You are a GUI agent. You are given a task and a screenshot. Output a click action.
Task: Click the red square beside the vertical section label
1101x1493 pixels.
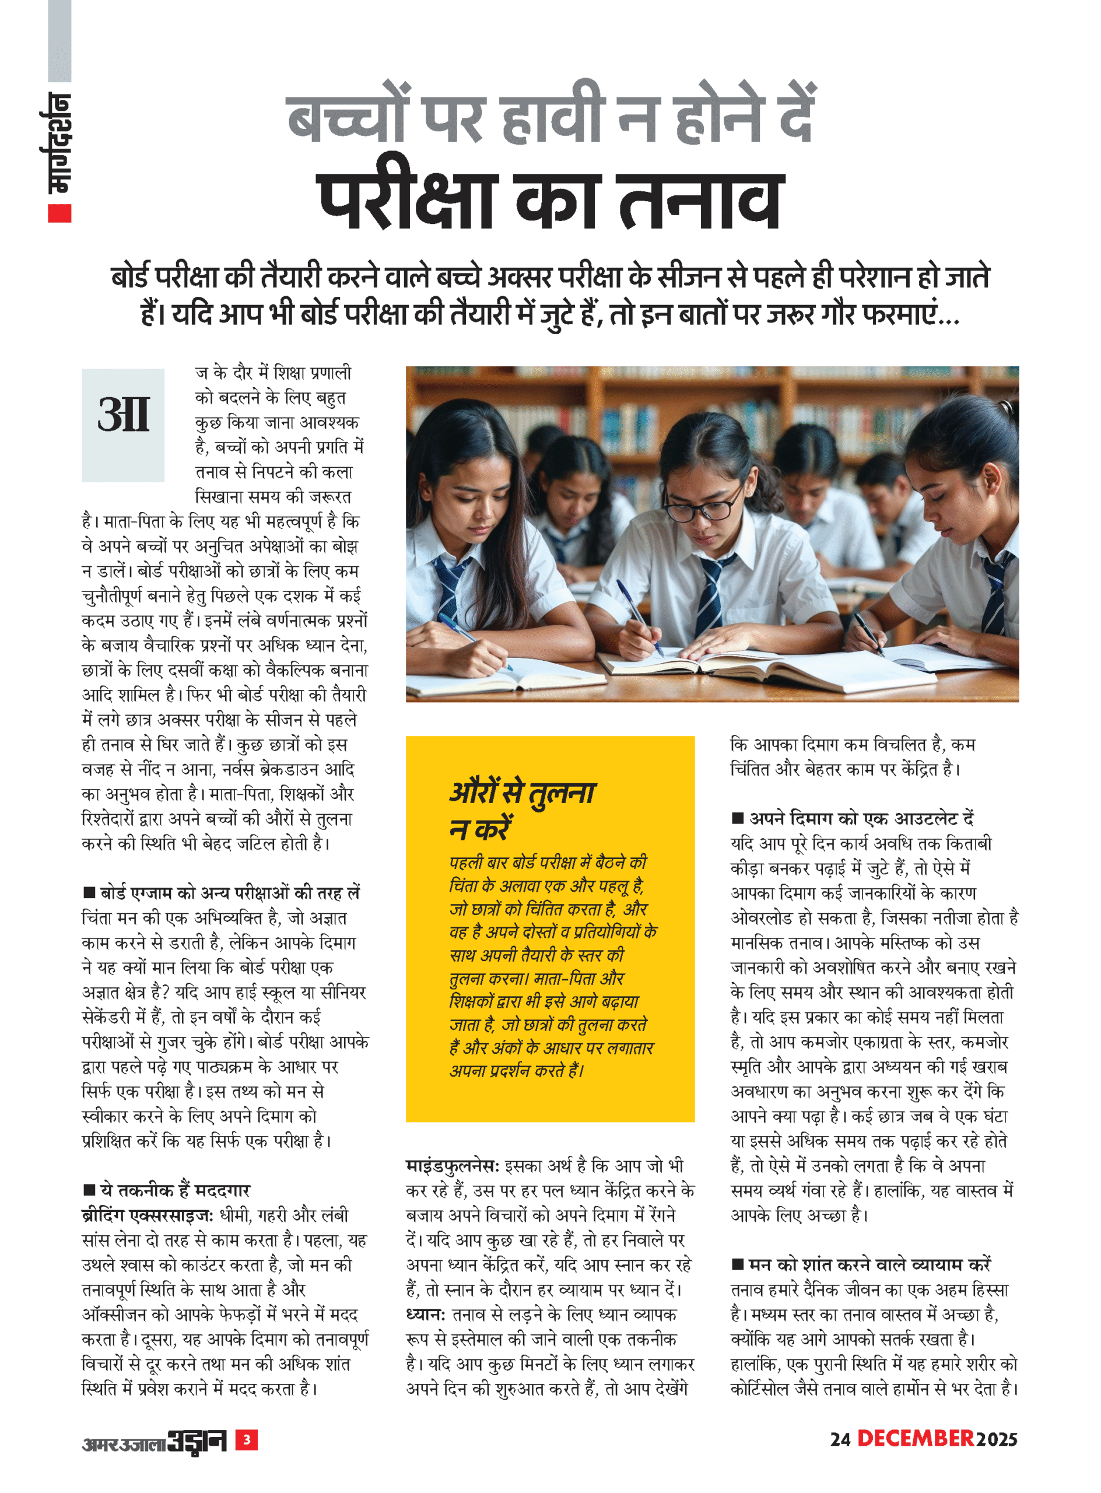[x=59, y=213]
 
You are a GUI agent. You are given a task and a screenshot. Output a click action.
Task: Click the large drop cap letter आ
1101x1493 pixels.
[x=123, y=416]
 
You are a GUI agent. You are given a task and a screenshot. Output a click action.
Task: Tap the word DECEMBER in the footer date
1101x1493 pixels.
[x=915, y=1438]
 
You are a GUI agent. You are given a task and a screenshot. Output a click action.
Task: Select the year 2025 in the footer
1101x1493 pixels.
[x=997, y=1440]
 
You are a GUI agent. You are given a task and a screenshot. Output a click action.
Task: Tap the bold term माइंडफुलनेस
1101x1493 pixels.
[x=451, y=1165]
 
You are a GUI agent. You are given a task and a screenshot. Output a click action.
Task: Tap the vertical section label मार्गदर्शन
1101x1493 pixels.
[x=58, y=143]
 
